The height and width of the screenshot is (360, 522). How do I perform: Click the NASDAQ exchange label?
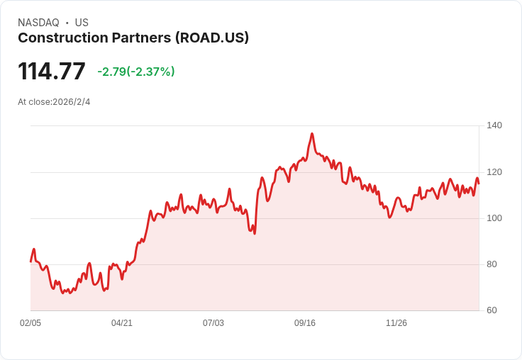point(38,23)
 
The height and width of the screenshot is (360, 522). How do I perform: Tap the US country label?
point(82,23)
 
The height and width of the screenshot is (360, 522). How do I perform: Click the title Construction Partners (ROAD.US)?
point(133,38)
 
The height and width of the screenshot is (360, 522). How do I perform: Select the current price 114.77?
point(52,71)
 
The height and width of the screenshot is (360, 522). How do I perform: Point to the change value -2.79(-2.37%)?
point(136,72)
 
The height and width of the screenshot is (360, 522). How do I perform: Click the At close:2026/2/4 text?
point(54,102)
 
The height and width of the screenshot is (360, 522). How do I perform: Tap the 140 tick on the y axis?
point(494,125)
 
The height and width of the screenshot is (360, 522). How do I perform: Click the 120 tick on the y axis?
point(494,172)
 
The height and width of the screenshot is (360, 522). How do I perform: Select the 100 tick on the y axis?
point(494,218)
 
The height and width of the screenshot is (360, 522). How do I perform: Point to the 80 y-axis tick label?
point(492,264)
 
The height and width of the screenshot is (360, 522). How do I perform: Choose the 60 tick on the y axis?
point(492,310)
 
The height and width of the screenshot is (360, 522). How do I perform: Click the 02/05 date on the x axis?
point(30,323)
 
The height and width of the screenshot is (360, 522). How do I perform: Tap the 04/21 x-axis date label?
point(122,323)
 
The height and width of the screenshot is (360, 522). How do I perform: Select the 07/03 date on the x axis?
point(213,323)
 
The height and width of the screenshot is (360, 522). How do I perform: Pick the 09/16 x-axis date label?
point(305,323)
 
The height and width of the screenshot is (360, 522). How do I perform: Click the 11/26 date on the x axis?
point(396,323)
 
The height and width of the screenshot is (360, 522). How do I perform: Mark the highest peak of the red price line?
point(312,133)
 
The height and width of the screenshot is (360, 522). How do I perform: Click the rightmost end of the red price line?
point(479,183)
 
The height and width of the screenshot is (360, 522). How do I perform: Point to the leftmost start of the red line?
point(30,261)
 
